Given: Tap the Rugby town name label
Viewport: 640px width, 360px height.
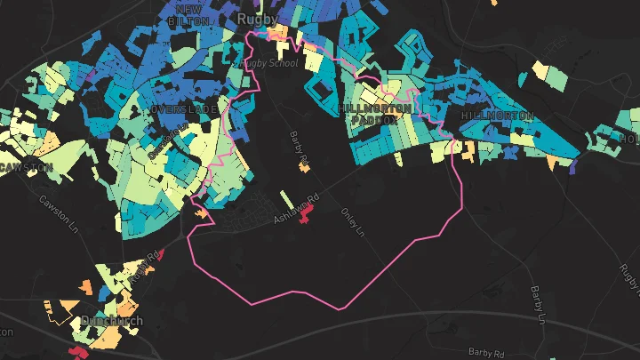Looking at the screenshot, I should pos(257,18).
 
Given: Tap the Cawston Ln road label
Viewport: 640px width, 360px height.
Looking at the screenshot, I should pos(60,211).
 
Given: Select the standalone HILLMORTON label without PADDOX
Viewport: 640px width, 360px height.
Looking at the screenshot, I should pos(497,116).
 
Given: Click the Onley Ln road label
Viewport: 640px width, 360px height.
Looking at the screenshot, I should pos(354,222).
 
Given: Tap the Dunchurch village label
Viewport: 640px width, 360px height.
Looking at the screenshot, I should pos(111,321).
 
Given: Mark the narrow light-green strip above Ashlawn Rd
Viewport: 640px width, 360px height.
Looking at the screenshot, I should pos(285,198).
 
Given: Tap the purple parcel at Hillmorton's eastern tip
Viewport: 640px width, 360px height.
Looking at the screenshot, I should pos(573,166).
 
